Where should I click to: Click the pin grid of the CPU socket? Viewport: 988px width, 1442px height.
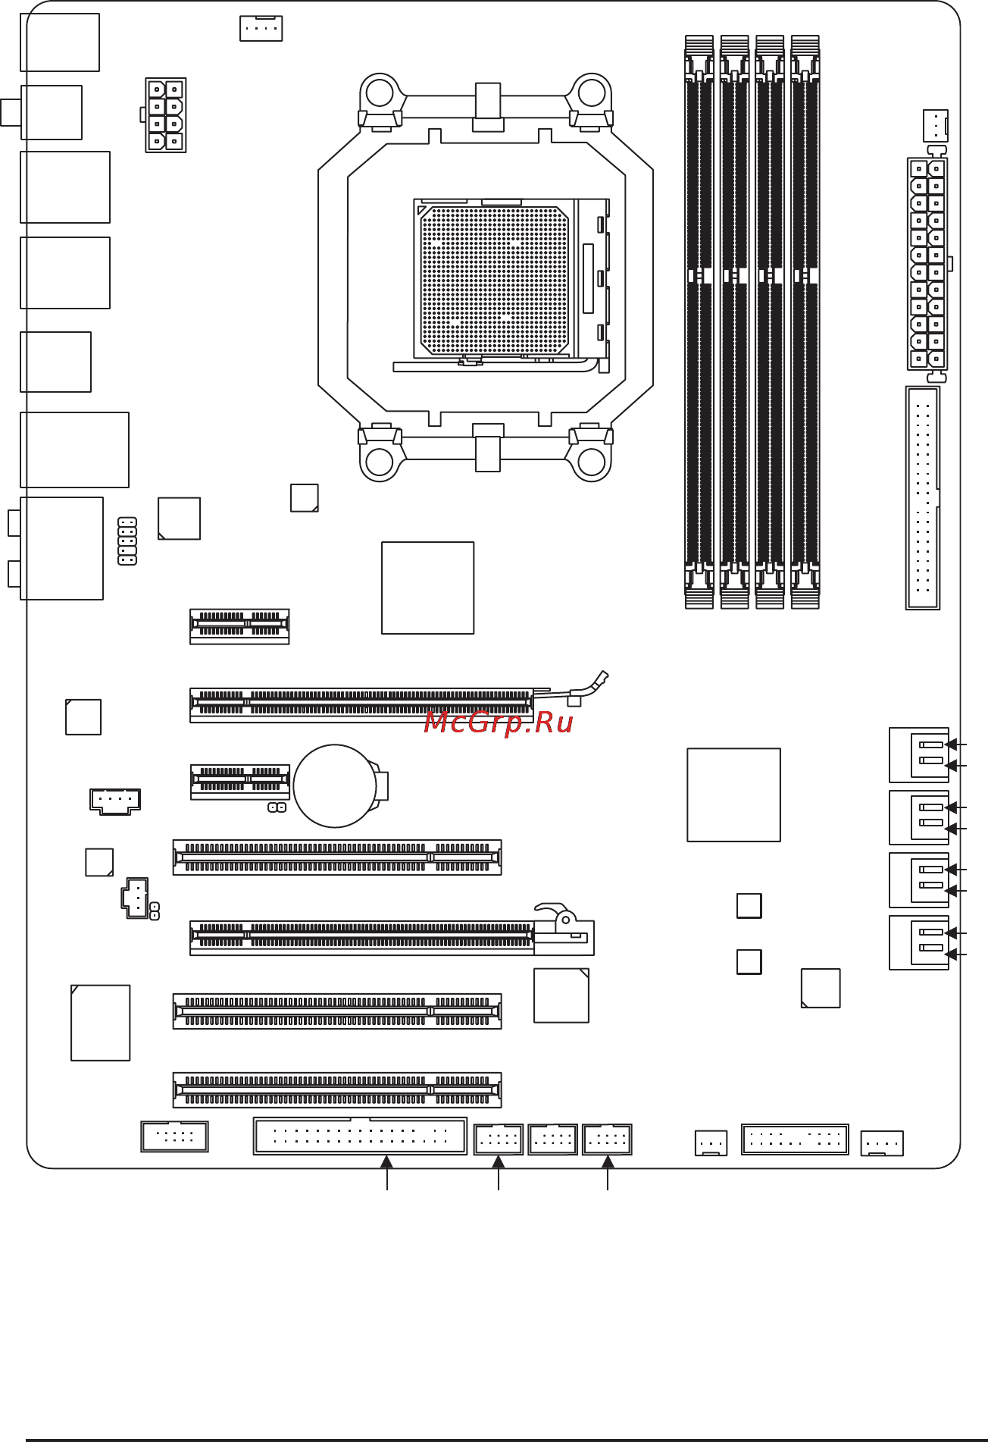[494, 280]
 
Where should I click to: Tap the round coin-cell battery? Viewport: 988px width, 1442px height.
[335, 785]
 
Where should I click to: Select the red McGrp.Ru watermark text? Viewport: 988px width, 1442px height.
[498, 723]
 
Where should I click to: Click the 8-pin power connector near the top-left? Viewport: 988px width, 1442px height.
[166, 115]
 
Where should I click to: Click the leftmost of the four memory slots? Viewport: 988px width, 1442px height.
[699, 321]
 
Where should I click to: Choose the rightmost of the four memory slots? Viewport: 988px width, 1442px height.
[805, 321]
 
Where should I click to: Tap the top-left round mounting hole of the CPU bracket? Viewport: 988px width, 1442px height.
[379, 93]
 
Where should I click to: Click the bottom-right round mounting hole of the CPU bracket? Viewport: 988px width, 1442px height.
[591, 460]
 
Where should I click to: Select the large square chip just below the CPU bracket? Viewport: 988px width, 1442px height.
[427, 588]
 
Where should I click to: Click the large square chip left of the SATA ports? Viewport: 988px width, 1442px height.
[733, 795]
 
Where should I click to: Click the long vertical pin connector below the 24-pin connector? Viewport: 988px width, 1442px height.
[923, 498]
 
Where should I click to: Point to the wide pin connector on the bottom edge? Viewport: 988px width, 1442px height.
[360, 1136]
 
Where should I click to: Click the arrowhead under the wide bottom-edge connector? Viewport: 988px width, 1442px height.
[387, 1161]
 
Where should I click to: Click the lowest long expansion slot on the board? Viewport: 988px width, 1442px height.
[337, 1090]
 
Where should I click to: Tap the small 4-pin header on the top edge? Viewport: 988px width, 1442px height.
[261, 28]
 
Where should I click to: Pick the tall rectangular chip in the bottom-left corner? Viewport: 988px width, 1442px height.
[101, 1023]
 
